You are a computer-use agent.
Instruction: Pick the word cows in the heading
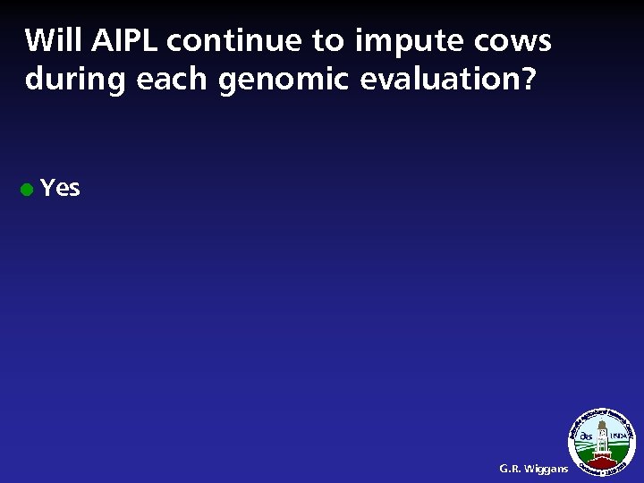point(518,41)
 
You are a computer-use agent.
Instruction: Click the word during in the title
point(77,80)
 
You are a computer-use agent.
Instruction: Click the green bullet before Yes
point(28,190)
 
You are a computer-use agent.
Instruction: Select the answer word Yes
point(61,188)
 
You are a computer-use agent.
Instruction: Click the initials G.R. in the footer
point(512,468)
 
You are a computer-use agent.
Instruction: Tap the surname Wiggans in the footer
point(547,468)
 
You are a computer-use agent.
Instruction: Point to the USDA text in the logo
point(618,436)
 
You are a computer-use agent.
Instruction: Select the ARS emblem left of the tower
point(586,436)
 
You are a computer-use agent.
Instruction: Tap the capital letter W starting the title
point(37,41)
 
